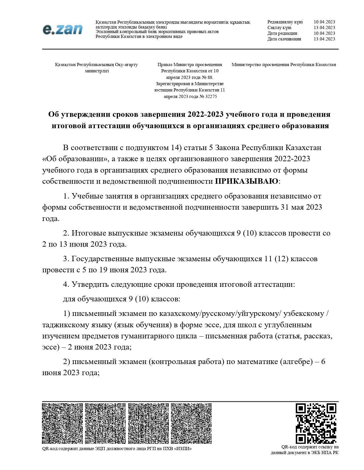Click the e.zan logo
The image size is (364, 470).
tap(63, 29)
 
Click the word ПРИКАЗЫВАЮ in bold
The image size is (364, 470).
tap(247, 181)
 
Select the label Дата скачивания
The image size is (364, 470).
tap(284, 39)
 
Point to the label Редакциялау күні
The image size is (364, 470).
tap(285, 22)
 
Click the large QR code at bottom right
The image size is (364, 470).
tap(315, 423)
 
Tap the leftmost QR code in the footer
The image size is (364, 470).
tap(62, 423)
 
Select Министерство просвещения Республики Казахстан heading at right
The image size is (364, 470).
tap(283, 65)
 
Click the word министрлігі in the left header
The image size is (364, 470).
tap(97, 71)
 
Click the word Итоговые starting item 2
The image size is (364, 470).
tap(88, 233)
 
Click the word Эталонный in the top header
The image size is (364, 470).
tap(106, 32)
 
